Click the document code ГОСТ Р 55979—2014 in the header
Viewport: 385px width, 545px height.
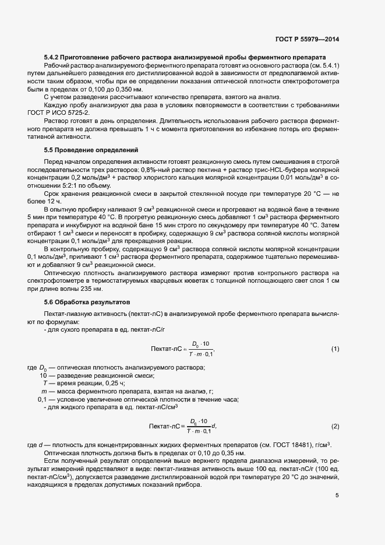tap(307, 40)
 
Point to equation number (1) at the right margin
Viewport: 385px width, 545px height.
tap(335, 349)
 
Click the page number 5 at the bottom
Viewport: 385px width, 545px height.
tap(337, 495)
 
